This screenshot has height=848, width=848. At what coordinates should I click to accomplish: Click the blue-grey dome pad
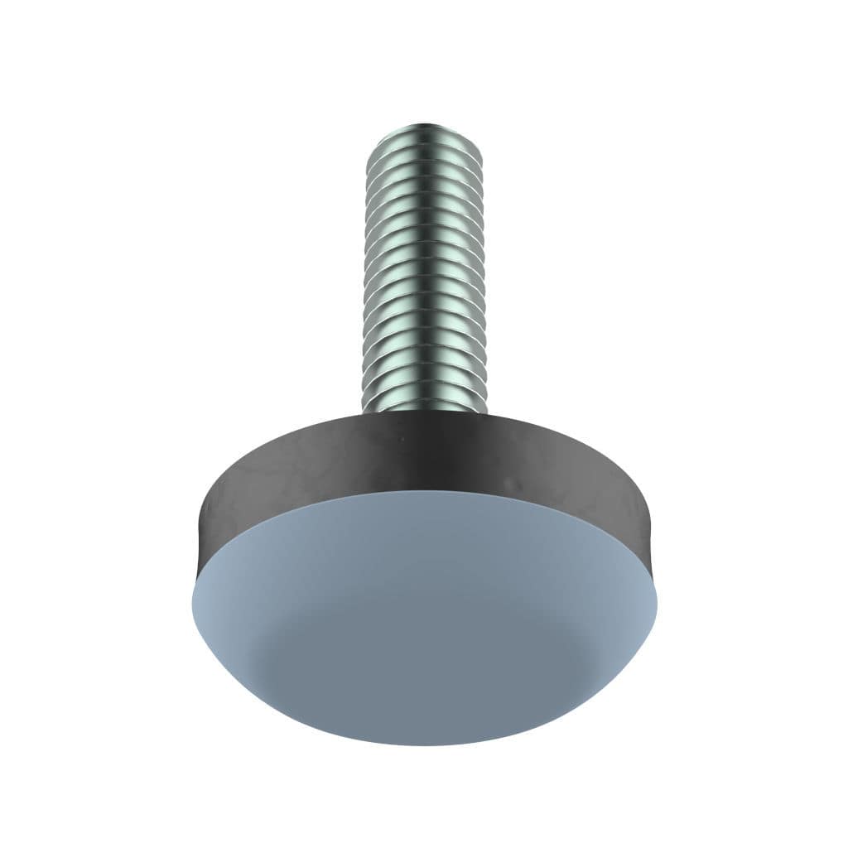tap(424, 629)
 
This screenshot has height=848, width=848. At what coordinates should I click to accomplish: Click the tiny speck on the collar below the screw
tap(401, 440)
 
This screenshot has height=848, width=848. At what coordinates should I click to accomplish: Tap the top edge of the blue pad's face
tap(424, 493)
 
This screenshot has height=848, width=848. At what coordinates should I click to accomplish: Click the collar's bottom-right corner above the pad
tap(653, 571)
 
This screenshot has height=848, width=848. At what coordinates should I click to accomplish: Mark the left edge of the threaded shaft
tap(365, 273)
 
